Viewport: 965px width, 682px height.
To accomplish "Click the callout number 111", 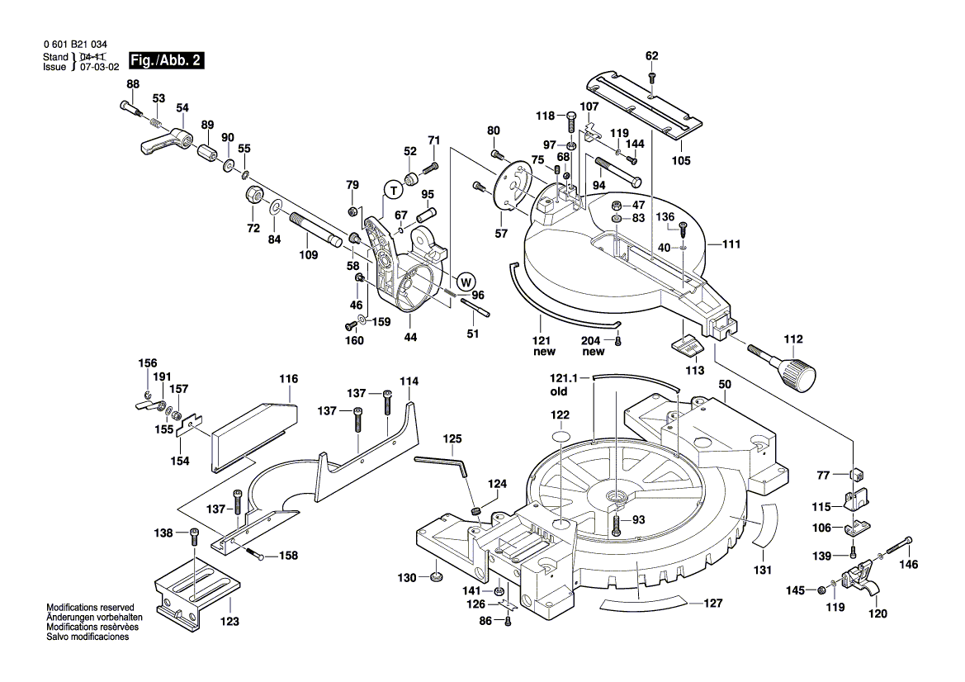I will point(731,244).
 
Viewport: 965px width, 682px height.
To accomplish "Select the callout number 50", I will point(724,385).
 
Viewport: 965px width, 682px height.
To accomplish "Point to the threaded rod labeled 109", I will point(318,229).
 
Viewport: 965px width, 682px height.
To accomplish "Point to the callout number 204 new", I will point(593,347).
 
